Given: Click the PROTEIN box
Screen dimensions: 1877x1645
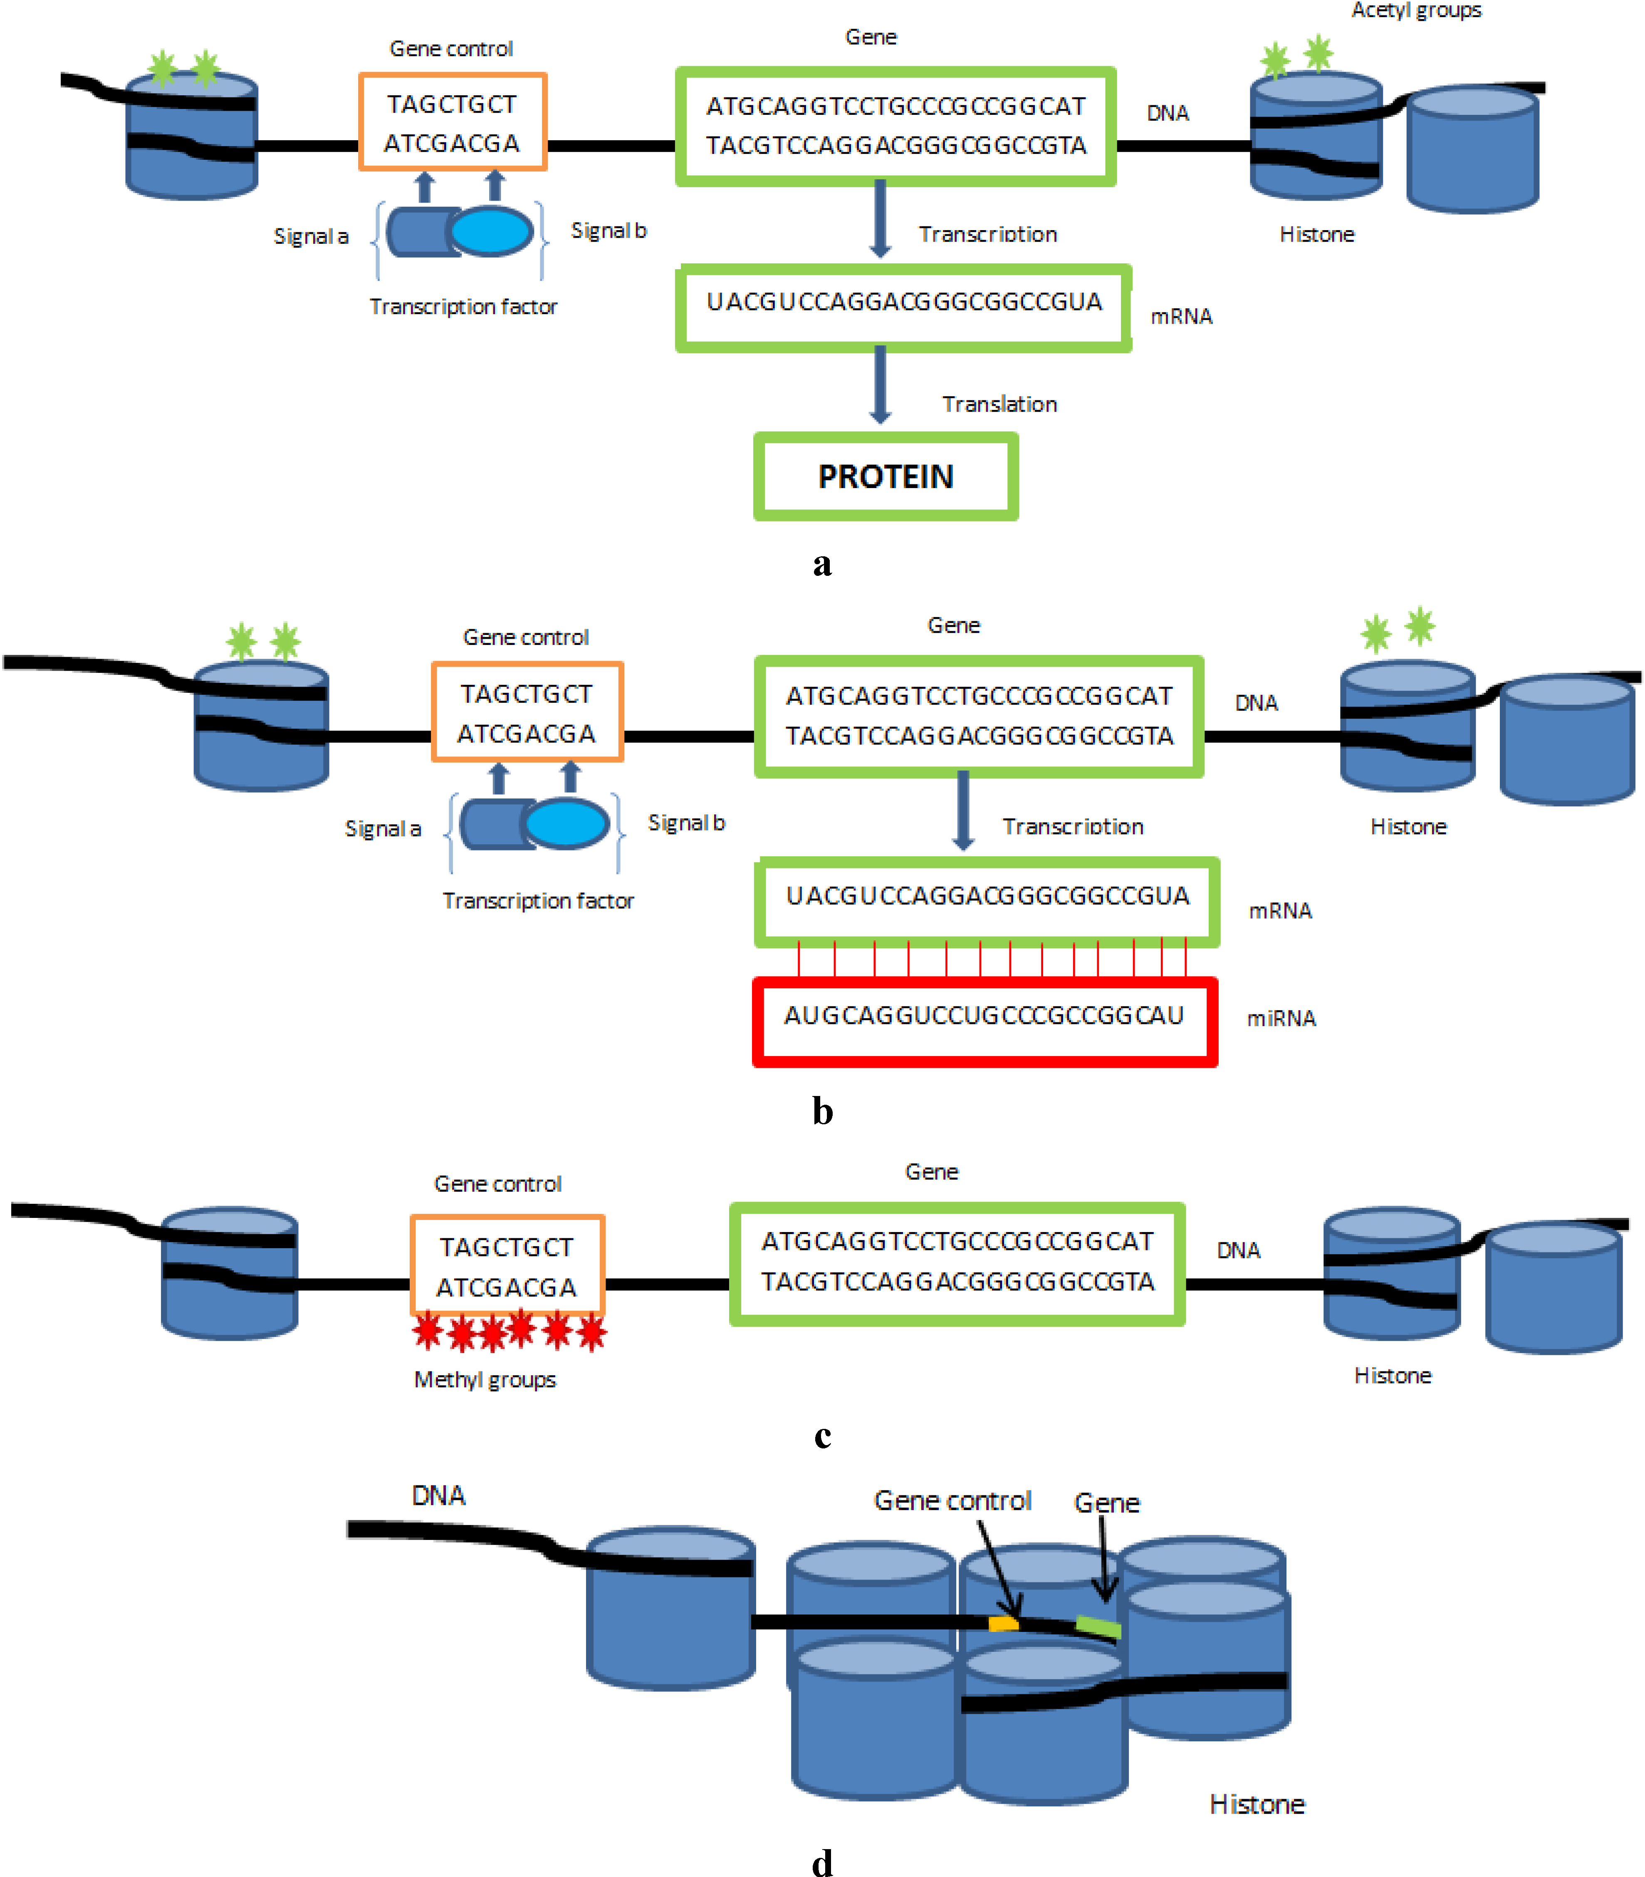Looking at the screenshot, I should click(886, 476).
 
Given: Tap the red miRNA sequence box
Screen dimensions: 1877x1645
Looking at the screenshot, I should click(984, 1021).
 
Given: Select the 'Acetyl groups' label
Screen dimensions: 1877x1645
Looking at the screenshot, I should click(1415, 10).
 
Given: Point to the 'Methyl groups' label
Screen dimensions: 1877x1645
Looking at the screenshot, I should click(485, 1379).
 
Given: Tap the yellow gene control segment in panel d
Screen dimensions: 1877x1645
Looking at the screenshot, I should click(1002, 1624).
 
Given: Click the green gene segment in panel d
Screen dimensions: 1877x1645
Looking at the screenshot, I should click(1098, 1627).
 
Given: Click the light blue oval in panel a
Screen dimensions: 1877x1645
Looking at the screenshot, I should click(491, 231).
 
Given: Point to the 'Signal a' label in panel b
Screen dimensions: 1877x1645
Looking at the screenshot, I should click(383, 828).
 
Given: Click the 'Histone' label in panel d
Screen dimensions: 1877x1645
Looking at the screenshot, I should click(1257, 1805).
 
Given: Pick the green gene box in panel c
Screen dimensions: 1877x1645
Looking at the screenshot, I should click(957, 1264).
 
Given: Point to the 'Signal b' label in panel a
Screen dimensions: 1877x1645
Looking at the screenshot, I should click(609, 231).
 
